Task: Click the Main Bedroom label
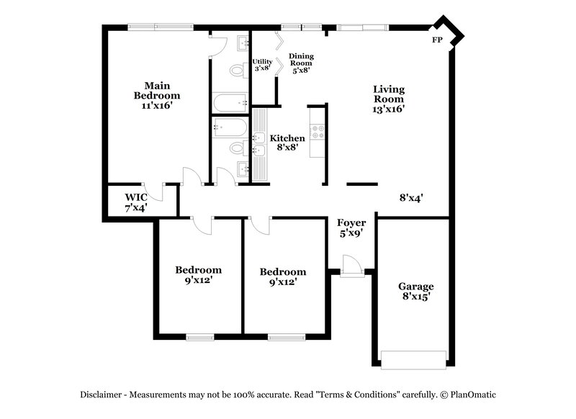(157, 89)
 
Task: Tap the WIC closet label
(136, 197)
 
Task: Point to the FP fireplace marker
(436, 40)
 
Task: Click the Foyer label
(351, 223)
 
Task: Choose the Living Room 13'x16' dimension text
(389, 109)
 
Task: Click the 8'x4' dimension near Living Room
(411, 197)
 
